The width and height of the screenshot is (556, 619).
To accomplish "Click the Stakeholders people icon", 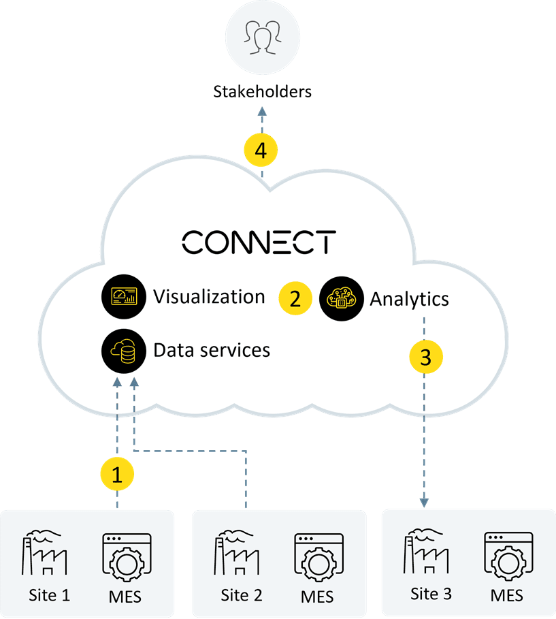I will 263,38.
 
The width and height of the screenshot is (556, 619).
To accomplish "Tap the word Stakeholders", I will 263,91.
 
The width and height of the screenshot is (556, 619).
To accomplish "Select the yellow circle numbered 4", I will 261,151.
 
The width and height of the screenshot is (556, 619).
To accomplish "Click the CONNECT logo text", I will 259,242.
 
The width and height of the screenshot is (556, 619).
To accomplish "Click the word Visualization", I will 209,297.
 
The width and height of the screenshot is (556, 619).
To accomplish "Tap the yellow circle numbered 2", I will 295,298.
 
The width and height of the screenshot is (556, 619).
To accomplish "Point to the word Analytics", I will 409,298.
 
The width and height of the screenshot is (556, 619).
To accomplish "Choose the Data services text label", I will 212,350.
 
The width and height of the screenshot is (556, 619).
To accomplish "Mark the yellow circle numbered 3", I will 425,357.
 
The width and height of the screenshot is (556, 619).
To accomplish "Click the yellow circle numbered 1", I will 117,475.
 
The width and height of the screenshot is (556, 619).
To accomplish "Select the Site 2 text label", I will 241,595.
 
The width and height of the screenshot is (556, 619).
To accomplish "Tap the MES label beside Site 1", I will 125,597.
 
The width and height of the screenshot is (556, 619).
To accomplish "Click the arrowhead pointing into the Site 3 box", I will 423,503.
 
